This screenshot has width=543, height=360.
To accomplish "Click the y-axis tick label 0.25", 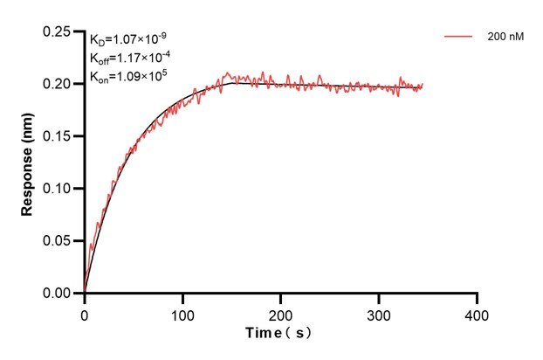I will (x=58, y=31).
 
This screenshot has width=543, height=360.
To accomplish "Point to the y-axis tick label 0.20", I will (x=58, y=84).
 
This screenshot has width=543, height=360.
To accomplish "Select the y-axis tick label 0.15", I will (x=58, y=136).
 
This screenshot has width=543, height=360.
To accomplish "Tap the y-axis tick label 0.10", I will (x=58, y=189).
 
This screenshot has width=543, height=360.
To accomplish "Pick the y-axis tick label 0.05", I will (x=58, y=241).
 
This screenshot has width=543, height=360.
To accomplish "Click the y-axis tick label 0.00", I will (x=58, y=294).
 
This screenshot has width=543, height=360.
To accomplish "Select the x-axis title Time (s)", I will (x=278, y=333).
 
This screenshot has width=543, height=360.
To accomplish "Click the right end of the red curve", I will (x=423, y=86).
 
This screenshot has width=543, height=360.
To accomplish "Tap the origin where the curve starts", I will (x=85, y=293).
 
